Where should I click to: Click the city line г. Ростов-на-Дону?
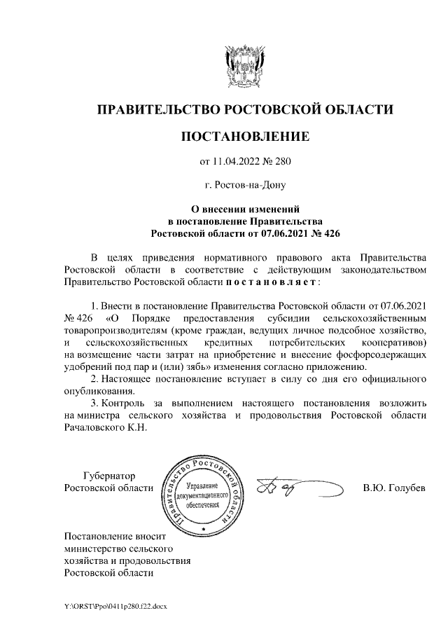pos(244,186)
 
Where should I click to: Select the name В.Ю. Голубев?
pos(393,487)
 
